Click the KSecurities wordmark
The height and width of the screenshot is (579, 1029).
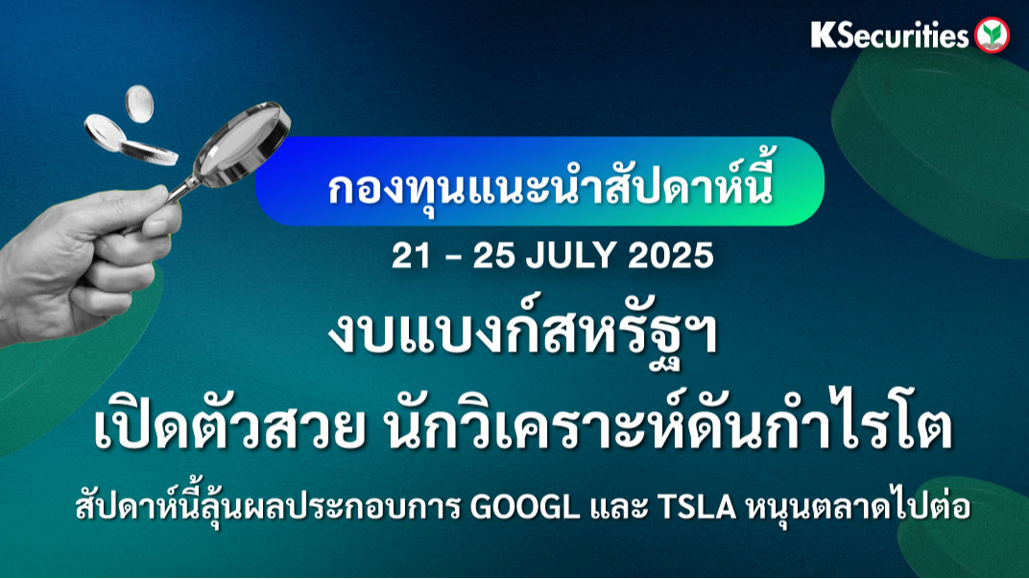889,35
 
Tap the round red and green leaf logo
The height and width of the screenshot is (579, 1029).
992,35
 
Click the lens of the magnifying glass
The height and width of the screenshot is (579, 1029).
244,144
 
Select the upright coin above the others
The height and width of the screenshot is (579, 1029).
139,104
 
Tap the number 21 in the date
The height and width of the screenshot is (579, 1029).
411,255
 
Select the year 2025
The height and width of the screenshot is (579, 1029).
670,255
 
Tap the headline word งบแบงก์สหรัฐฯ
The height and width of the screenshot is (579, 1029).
523,336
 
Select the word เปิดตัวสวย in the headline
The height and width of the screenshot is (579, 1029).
229,426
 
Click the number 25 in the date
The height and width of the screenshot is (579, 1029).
494,255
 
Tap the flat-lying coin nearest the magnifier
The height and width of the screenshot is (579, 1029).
149,153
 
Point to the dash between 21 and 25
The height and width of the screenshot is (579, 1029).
452,257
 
